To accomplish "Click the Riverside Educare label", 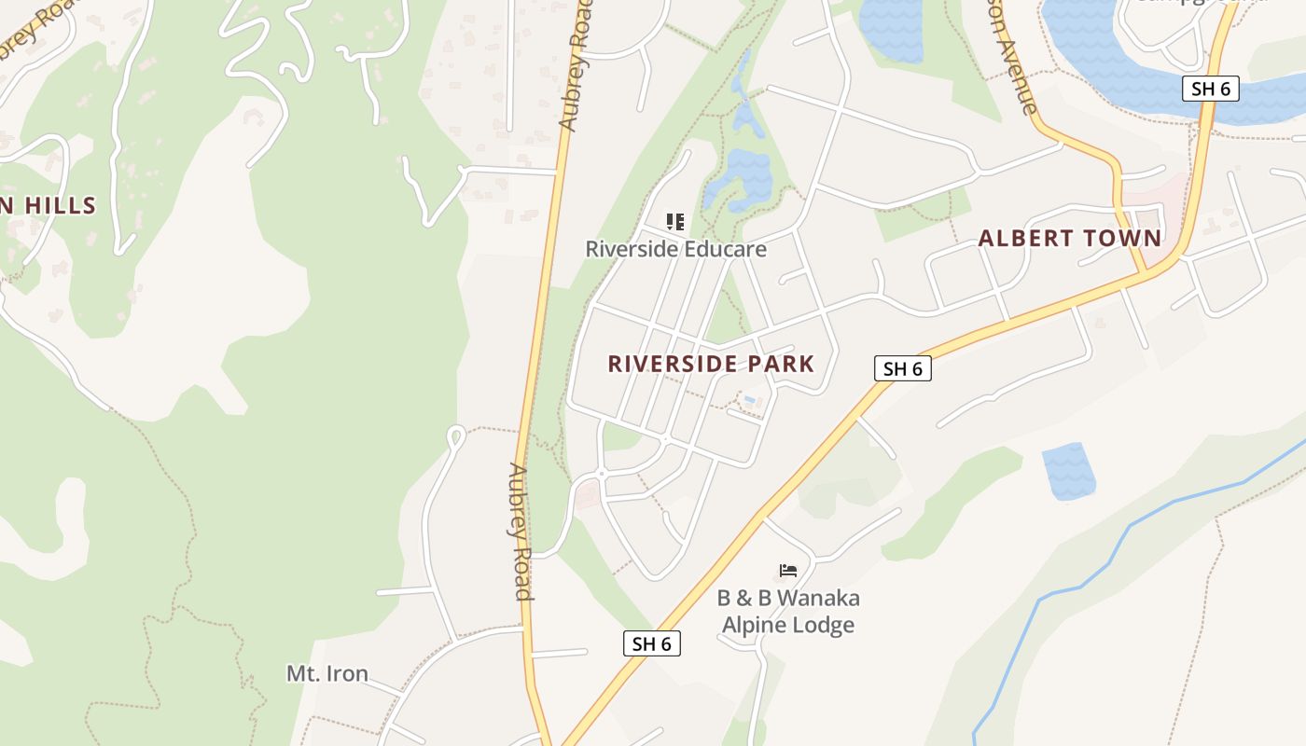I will click(675, 249).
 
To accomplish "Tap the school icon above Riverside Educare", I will click(675, 222).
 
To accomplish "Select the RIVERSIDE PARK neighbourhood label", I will click(711, 364).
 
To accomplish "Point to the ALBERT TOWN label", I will click(1070, 238).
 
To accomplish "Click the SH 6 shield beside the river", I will click(1211, 89).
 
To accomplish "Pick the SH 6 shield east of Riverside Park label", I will click(903, 368).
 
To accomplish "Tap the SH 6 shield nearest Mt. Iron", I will click(651, 642).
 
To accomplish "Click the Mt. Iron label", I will click(326, 673).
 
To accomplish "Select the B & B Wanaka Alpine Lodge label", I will click(788, 611).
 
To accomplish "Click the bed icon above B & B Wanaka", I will click(788, 570).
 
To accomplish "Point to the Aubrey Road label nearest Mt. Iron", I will click(520, 532).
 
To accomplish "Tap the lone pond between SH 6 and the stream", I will click(1067, 471).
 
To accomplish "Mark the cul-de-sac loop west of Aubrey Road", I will click(456, 435).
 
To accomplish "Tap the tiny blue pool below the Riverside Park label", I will click(749, 401).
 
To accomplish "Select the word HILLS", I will click(61, 205).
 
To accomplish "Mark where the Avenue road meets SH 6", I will click(1145, 271).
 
